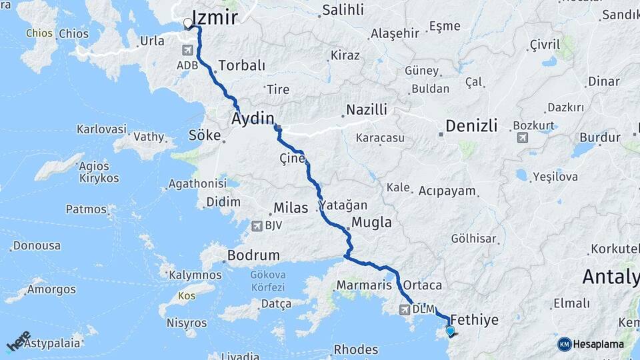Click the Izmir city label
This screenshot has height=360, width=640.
pos(214,17)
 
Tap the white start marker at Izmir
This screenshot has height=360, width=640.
pos(187,24)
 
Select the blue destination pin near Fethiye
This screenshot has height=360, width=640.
pos(450,331)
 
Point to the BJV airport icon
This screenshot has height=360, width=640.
pos(257,226)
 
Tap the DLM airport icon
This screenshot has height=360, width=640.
pos(404,309)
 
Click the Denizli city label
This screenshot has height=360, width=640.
pos(471,125)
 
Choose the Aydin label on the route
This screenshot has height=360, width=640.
pos(253,119)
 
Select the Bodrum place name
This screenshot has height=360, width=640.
pos(253,255)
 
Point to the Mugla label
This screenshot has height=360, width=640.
pos(371,223)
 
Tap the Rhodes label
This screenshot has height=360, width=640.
pos(355,349)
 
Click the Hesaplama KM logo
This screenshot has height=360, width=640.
pos(591,344)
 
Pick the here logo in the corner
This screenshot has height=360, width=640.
pos(19,341)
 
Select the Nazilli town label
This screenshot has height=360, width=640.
pos(366,110)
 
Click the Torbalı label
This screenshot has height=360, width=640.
pos(241,66)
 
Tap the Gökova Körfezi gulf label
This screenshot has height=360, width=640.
pos(267,281)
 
